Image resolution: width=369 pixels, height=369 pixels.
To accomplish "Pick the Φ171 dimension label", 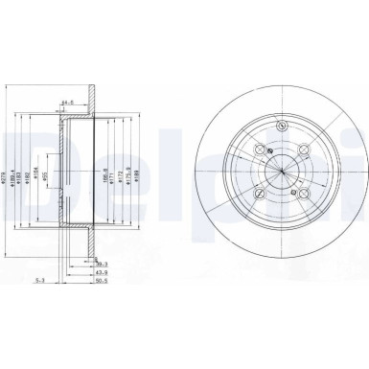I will coord(113,176).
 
